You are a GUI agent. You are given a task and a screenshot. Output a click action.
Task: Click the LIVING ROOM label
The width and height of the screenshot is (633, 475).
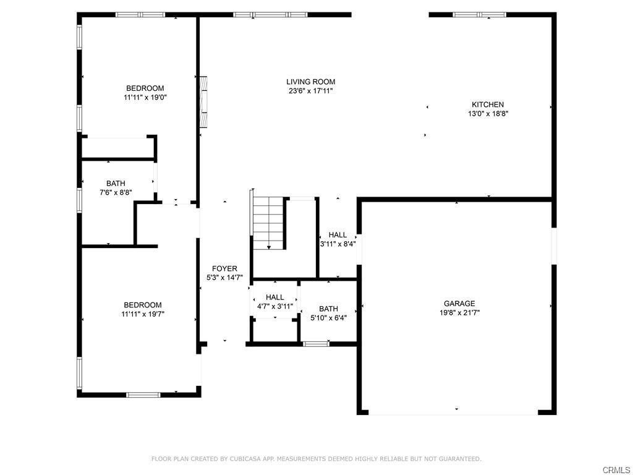[310, 82]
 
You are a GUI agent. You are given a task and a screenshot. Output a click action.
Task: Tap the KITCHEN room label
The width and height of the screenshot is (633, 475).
[488, 105]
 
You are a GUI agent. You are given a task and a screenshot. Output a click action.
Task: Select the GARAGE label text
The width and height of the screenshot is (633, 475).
[459, 303]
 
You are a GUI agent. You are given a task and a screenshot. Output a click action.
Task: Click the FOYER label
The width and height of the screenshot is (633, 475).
[224, 268]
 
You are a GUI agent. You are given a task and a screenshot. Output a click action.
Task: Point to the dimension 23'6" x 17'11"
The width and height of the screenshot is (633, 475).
[310, 91]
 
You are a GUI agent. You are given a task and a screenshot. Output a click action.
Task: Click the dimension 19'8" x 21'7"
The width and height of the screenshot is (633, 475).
[459, 312]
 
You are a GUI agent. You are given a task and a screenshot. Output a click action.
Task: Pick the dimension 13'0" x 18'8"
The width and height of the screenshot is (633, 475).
[488, 114]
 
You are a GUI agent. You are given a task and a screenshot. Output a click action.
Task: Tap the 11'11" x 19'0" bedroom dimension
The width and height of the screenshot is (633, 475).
[145, 97]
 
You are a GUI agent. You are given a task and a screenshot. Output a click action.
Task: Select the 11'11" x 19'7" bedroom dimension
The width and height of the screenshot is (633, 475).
[143, 314]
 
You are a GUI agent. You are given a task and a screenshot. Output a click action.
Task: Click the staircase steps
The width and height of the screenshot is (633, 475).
[268, 221]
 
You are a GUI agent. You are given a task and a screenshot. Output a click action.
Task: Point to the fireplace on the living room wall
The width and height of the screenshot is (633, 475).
[204, 102]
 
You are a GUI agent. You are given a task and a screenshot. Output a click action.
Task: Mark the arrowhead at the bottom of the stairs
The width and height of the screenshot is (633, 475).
[269, 247]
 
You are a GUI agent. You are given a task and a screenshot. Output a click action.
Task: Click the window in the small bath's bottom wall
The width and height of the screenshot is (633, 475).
[316, 344]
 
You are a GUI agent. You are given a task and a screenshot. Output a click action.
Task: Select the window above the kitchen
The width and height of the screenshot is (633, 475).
[479, 15]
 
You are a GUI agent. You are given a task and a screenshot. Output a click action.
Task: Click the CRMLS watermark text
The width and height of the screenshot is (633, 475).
[616, 470]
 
